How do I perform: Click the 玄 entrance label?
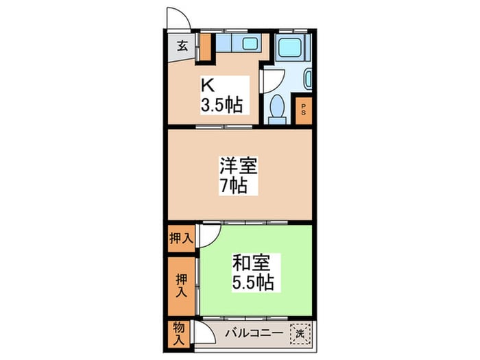tap(182, 47)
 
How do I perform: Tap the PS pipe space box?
tap(303, 110)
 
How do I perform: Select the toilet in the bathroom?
tap(278, 109)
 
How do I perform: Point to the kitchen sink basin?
tap(250, 43)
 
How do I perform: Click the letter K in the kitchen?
tap(207, 85)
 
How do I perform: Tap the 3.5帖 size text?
tap(222, 106)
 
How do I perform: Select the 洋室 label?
tap(238, 165)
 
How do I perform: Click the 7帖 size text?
tap(234, 186)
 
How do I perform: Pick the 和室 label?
tap(251, 263)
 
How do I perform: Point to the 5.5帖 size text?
tap(253, 282)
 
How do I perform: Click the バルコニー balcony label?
tap(254, 333)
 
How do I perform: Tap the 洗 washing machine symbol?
tap(300, 334)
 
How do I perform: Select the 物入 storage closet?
tap(179, 335)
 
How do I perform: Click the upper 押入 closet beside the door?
tap(181, 239)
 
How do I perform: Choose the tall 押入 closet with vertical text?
tap(181, 286)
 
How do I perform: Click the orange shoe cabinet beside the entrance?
tap(206, 47)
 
